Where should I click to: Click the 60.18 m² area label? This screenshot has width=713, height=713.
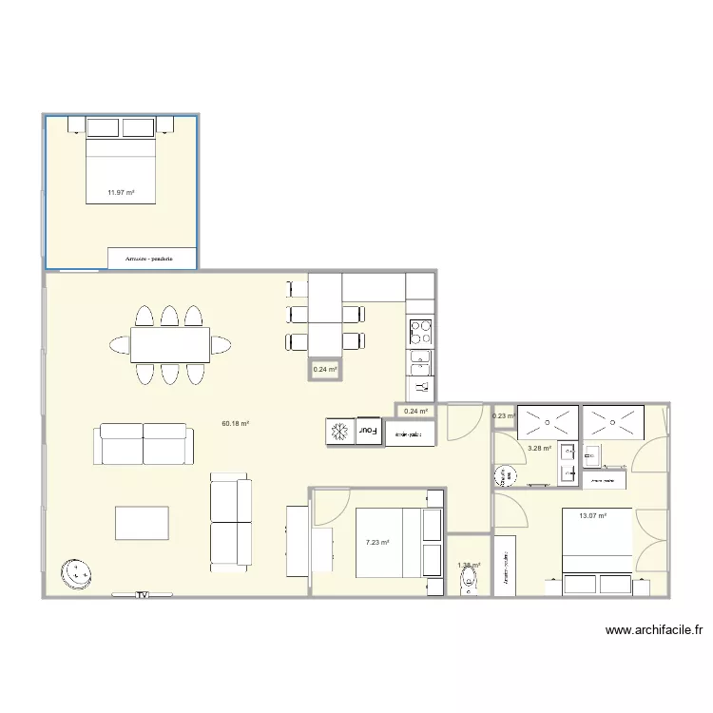coord(235,424)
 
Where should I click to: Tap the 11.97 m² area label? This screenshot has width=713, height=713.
coord(121,192)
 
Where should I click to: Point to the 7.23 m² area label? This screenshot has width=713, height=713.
coord(377,542)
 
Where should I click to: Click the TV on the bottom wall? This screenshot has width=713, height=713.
coord(142,595)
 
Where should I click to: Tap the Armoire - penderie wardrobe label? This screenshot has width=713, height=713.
coord(152,258)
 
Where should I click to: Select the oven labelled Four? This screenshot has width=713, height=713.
coord(368,432)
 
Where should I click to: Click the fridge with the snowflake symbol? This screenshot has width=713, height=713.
coord(338,432)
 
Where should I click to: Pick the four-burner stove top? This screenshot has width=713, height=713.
coord(420,332)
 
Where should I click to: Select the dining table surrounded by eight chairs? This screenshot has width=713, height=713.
coord(170,343)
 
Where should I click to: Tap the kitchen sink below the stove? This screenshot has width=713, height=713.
coord(420,362)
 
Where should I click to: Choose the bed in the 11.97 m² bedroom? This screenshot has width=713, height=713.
coord(121,166)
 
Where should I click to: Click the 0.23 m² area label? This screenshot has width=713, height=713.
coord(503,415)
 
